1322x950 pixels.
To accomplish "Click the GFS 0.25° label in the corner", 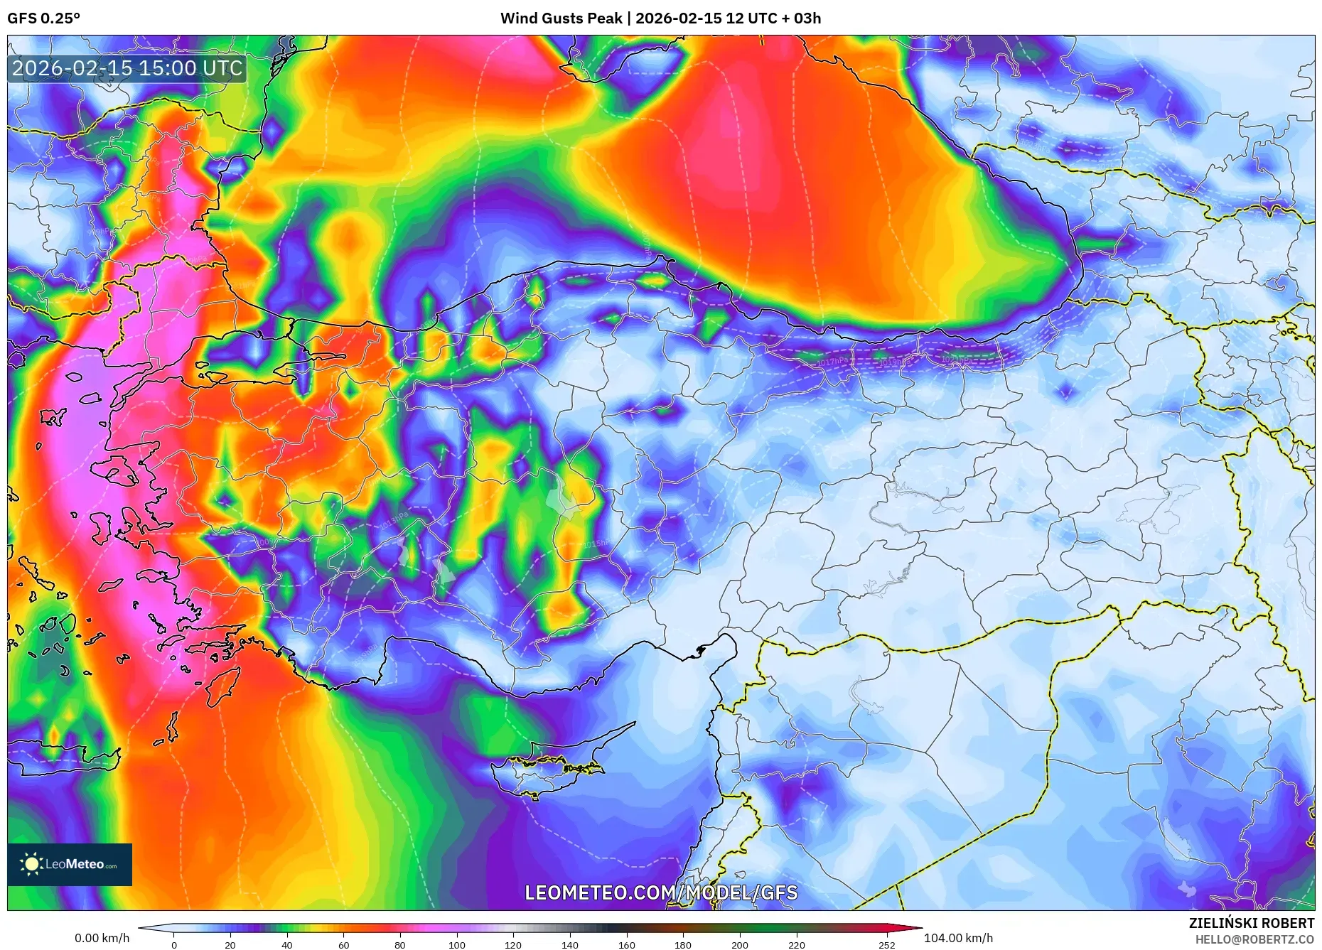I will tap(43, 18).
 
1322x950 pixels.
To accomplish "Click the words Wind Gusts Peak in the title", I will tap(561, 18).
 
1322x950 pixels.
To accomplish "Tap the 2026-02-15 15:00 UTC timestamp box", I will tap(127, 69).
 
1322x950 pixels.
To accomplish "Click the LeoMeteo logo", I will tap(70, 864).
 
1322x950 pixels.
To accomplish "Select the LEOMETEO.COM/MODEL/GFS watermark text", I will tap(661, 892).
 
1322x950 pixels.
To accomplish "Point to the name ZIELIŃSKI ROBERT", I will tap(1251, 923).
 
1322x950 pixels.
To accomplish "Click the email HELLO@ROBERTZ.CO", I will tap(1254, 939).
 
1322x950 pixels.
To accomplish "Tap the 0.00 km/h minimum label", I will tap(102, 938).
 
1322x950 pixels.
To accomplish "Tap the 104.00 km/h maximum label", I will tap(958, 938).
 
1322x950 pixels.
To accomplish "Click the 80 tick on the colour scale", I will tap(400, 945).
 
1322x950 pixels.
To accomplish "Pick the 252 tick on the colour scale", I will tap(886, 945).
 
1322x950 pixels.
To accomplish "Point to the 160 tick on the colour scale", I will tap(626, 945).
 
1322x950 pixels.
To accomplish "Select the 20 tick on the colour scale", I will tap(230, 945).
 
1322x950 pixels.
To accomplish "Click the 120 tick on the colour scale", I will tap(512, 945).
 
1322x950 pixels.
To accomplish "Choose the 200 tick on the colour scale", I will tap(739, 945).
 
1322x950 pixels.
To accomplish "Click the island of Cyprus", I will tap(547, 771).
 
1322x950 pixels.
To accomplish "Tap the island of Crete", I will tap(64, 757).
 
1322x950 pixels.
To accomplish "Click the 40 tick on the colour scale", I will tap(286, 945).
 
